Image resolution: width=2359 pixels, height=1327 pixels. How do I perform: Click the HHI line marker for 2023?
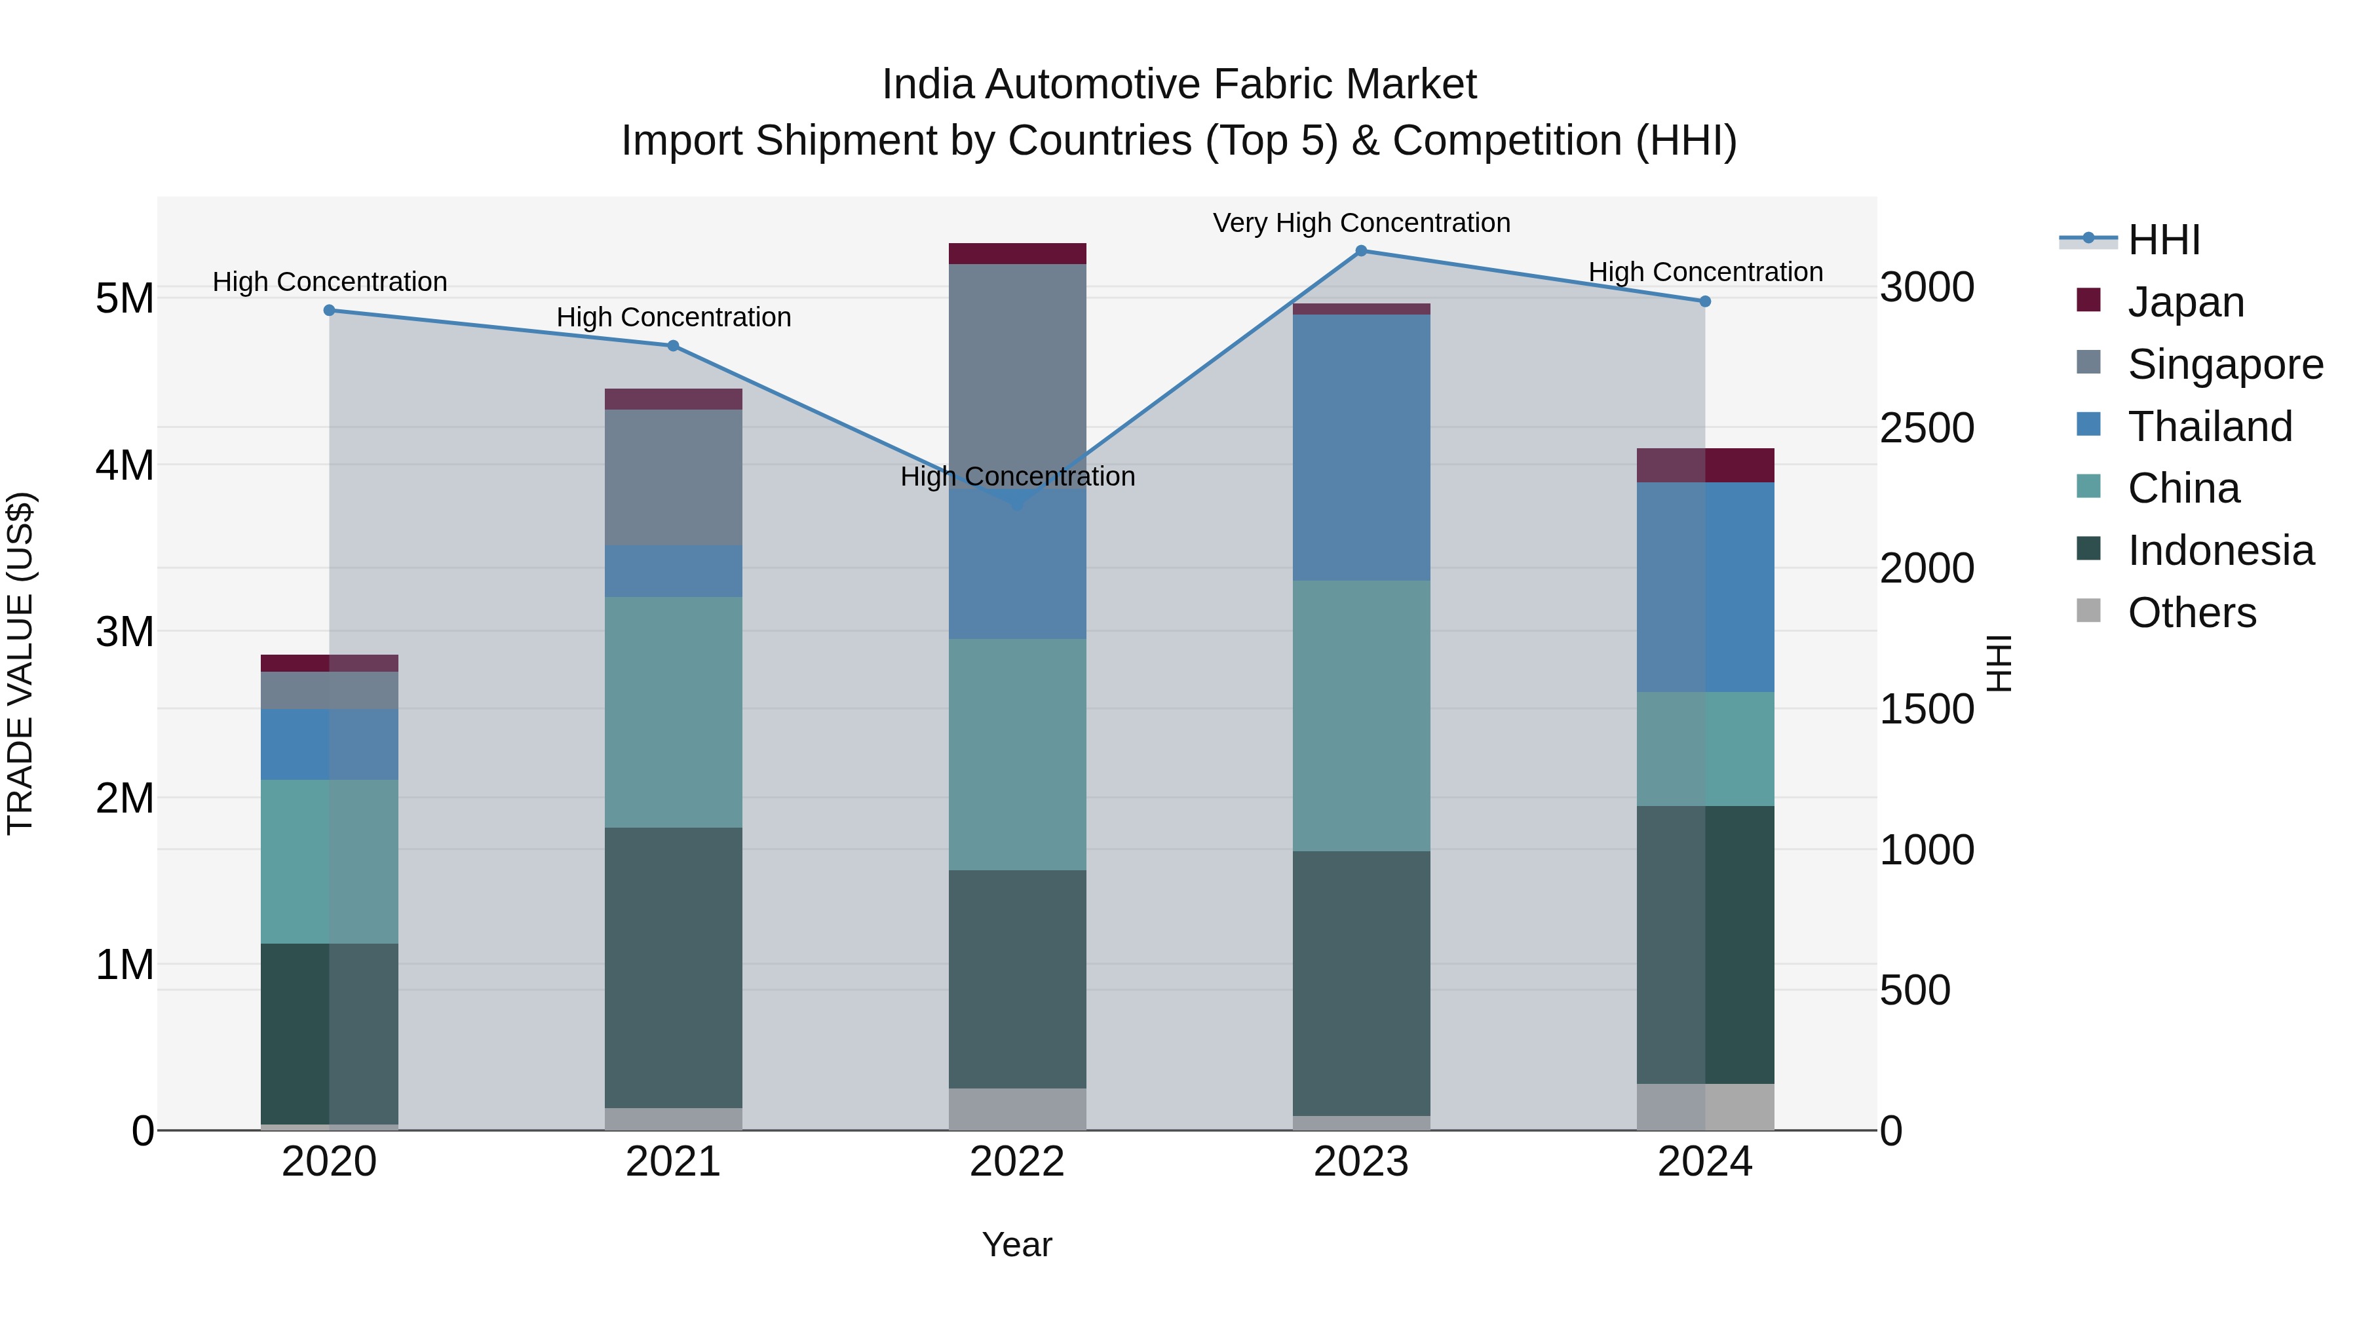[1361, 251]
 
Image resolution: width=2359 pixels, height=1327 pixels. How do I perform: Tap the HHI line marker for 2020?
[330, 311]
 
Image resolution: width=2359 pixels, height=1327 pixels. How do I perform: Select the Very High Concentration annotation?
[1361, 223]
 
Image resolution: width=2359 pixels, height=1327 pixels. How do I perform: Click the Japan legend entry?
[2185, 302]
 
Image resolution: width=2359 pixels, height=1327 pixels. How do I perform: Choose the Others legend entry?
[2191, 613]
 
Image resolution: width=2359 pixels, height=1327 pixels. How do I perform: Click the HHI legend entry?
[2163, 240]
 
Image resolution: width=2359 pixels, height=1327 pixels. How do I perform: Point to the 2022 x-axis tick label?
[1016, 1162]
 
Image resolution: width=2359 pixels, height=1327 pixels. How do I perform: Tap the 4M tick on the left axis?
[125, 465]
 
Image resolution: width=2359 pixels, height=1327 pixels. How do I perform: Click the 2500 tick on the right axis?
[1927, 428]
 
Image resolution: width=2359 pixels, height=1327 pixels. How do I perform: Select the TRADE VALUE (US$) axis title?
[20, 663]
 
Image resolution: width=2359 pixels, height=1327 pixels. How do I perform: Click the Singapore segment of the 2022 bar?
[1016, 366]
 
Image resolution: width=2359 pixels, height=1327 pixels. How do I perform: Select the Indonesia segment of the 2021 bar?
[673, 967]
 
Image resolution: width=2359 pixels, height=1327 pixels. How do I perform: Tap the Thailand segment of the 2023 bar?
[1361, 447]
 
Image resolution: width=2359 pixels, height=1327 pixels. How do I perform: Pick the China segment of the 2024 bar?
[1705, 748]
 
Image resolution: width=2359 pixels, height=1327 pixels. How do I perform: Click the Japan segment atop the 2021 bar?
[673, 399]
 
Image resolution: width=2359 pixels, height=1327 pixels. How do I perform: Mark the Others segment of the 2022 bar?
[1016, 1109]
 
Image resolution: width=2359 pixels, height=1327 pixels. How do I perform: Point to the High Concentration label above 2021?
[673, 318]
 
